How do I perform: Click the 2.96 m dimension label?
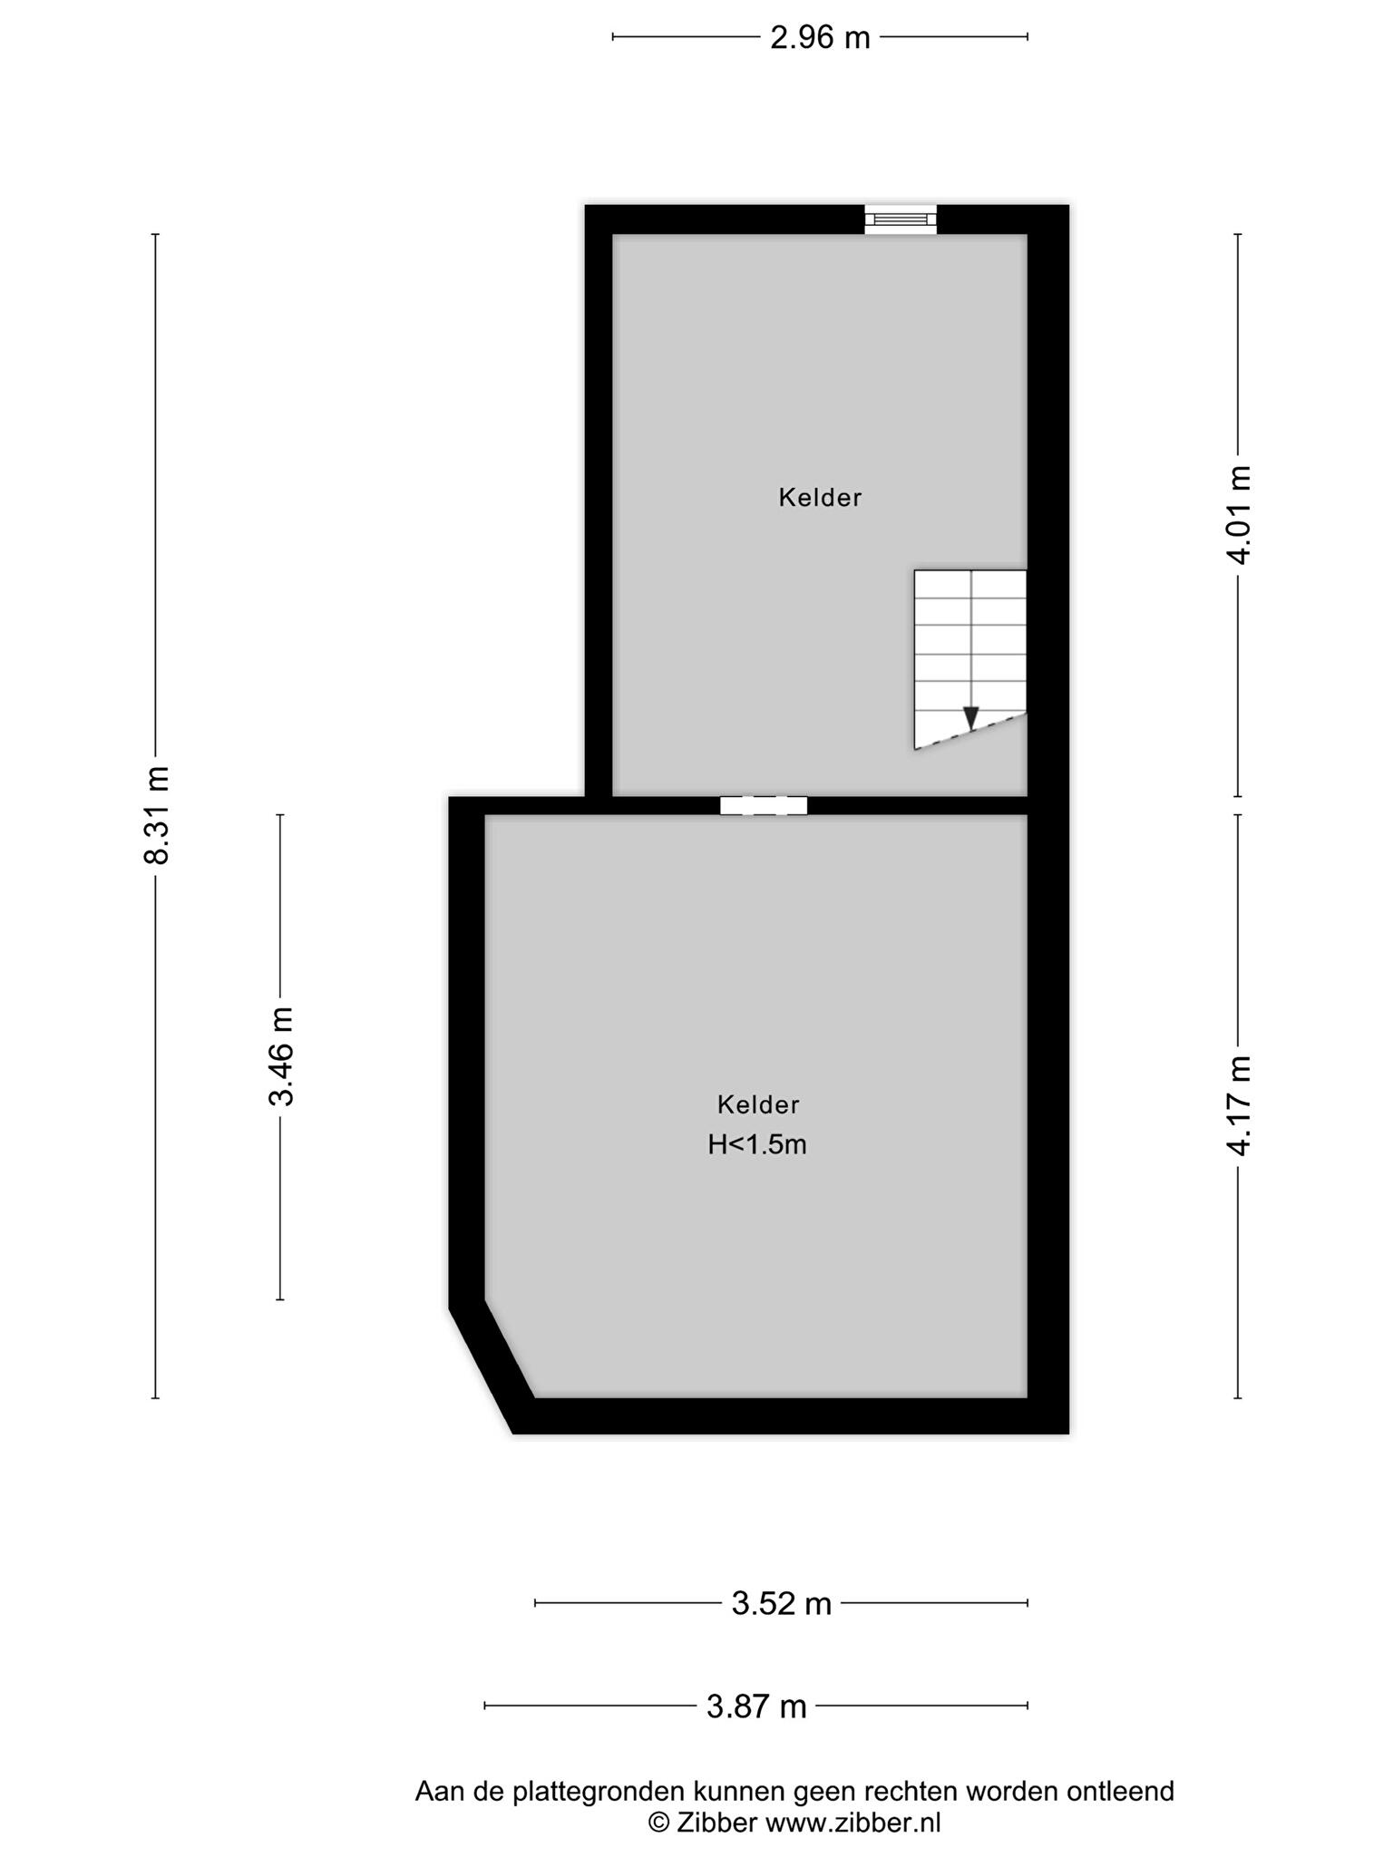820,37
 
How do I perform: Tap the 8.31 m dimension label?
156,815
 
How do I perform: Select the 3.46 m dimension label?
280,1056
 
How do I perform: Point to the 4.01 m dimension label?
1239,514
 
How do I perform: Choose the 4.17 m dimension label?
1239,1105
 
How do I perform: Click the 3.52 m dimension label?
782,1604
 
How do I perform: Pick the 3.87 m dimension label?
756,1707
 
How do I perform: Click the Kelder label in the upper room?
820,497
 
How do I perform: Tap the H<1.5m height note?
757,1145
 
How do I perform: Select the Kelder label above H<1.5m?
758,1104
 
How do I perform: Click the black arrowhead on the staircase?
971,718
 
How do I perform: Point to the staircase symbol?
970,659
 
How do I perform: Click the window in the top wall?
900,219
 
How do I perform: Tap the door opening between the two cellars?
764,805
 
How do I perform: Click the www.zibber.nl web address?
853,1823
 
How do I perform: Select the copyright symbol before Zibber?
658,1823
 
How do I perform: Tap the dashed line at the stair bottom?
970,732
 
